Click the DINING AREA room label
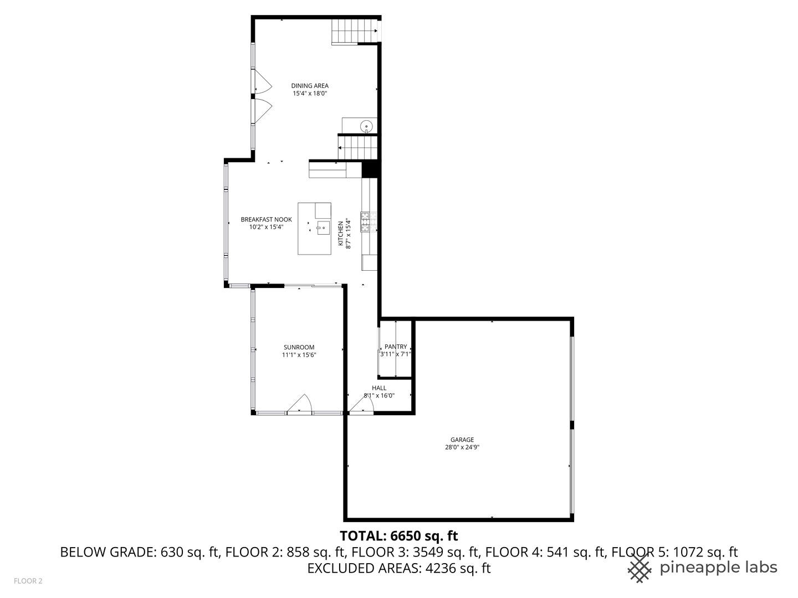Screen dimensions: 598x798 (x=310, y=86)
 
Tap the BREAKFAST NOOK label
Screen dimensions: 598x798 (x=266, y=220)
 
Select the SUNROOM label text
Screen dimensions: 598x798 (x=299, y=348)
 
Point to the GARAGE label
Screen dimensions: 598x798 (x=462, y=440)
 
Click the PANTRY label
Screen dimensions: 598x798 (x=396, y=347)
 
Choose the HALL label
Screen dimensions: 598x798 (x=379, y=388)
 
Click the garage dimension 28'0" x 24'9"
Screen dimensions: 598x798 (x=462, y=447)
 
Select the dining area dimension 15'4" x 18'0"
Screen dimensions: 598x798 (x=310, y=94)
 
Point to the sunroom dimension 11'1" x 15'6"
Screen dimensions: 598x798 (x=299, y=355)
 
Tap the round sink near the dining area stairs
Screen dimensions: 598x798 (x=366, y=126)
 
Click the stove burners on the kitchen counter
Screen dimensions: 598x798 (x=366, y=221)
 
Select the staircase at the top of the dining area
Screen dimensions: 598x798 (x=354, y=31)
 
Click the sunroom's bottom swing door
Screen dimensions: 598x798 (x=300, y=405)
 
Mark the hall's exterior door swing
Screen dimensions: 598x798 (x=361, y=406)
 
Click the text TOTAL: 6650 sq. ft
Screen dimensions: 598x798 (x=398, y=536)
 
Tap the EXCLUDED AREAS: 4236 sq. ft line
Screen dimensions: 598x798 (x=398, y=568)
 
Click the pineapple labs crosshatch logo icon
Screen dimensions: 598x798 (x=640, y=568)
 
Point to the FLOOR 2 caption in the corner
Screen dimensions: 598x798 (x=28, y=581)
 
